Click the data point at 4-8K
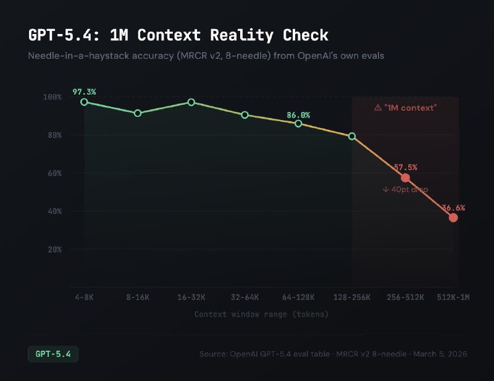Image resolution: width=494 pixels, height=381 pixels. [84, 101]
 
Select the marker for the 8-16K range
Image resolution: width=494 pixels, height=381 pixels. [138, 113]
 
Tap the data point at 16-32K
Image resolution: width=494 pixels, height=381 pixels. [191, 102]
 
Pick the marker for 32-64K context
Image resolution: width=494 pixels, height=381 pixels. [245, 115]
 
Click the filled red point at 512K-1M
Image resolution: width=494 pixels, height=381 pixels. [453, 218]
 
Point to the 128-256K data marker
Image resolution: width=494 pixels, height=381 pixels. [352, 136]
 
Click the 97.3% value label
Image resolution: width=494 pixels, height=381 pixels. [84, 92]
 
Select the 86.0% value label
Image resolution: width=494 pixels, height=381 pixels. [298, 115]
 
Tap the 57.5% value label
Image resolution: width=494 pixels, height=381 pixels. [406, 167]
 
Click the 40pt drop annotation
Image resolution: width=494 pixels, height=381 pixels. [405, 189]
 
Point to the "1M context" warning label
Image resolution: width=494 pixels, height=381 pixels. [406, 108]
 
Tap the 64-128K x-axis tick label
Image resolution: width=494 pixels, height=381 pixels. [298, 298]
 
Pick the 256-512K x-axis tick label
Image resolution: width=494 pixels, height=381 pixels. [406, 298]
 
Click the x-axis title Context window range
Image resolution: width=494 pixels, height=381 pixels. [261, 314]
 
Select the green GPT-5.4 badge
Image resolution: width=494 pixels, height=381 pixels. [53, 354]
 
